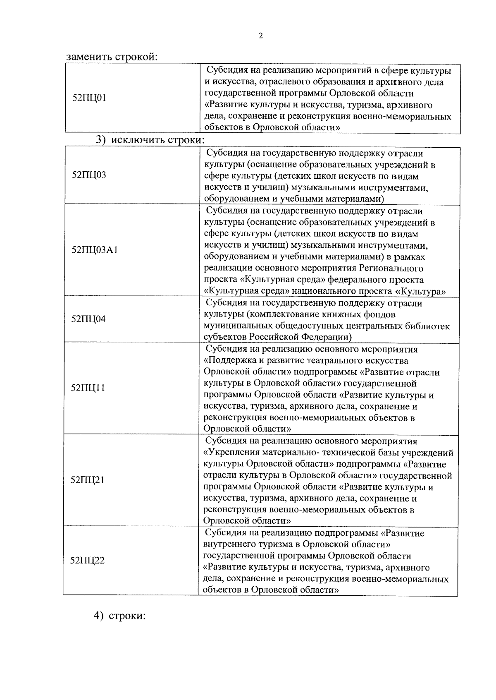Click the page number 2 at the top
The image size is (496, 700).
[x=260, y=36]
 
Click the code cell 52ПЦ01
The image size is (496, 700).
[x=89, y=98]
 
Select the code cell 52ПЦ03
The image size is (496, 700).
[x=89, y=175]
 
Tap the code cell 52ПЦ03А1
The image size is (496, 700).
[x=95, y=250]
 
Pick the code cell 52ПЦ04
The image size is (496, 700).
[x=88, y=319]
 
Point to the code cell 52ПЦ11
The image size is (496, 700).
[x=88, y=388]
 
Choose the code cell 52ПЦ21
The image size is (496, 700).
[x=88, y=480]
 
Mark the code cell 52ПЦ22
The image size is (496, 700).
[x=88, y=561]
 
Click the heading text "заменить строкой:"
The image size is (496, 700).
[x=112, y=57]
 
